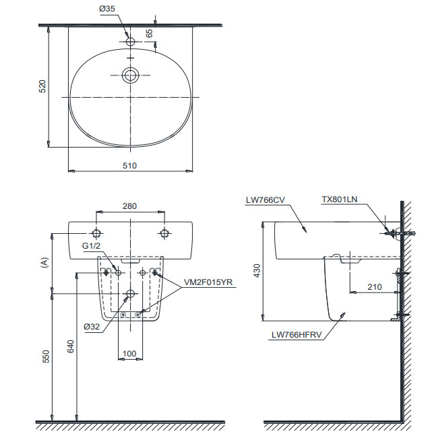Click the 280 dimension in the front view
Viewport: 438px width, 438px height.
pos(130,207)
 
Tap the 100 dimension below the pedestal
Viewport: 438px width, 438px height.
pos(130,352)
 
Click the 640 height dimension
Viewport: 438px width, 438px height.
pos(70,346)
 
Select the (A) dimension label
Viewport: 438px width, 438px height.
pos(45,263)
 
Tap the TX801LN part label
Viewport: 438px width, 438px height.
pos(340,199)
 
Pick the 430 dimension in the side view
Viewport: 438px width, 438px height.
pos(257,271)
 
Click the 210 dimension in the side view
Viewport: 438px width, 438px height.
pos(375,286)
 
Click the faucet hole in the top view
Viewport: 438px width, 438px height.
pos(130,42)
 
